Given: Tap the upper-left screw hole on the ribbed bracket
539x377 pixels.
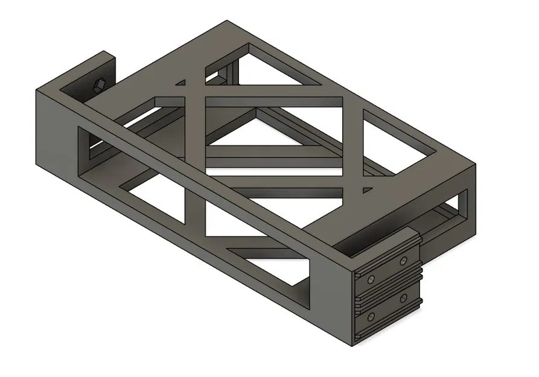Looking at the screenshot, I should click(x=371, y=279).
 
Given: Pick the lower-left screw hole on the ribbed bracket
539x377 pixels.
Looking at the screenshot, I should click(x=371, y=316).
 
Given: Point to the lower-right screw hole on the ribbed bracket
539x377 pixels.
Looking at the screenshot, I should click(x=403, y=299).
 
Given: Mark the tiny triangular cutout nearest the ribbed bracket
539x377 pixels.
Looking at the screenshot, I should click(x=366, y=191).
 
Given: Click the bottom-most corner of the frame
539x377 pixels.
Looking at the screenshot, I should click(x=352, y=346).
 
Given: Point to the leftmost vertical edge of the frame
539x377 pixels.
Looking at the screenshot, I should click(x=36, y=127).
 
